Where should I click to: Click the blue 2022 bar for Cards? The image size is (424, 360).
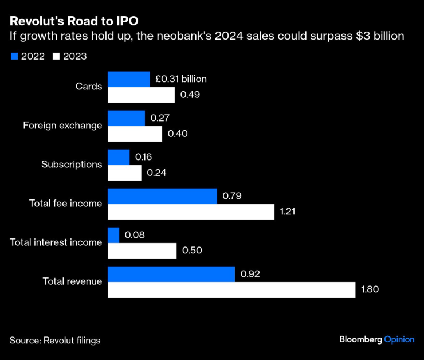pyautogui.click(x=129, y=79)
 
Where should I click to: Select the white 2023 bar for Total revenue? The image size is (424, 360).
pyautogui.click(x=231, y=290)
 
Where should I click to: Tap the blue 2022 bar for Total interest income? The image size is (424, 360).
pyautogui.click(x=113, y=235)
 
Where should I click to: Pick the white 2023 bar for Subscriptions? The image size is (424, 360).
pyautogui.click(x=124, y=173)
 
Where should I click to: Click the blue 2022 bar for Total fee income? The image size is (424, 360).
pyautogui.click(x=162, y=196)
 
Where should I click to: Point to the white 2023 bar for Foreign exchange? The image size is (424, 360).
pyautogui.click(x=135, y=134)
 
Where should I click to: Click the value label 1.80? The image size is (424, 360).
pyautogui.click(x=370, y=290)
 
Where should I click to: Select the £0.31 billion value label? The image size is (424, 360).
pyautogui.click(x=180, y=79)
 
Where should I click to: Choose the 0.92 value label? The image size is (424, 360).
pyautogui.click(x=250, y=274)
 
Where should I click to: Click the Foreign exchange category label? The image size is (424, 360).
pyautogui.click(x=62, y=126)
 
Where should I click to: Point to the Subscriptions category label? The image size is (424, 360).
pyautogui.click(x=72, y=165)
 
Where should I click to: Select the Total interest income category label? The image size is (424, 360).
pyautogui.click(x=56, y=242)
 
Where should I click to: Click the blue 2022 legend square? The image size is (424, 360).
pyautogui.click(x=14, y=56)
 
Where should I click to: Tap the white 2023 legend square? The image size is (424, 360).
pyautogui.click(x=56, y=56)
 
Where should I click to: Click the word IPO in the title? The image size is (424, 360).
pyautogui.click(x=127, y=21)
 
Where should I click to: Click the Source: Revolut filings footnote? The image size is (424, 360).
pyautogui.click(x=55, y=341)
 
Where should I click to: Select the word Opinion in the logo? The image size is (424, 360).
pyautogui.click(x=399, y=339)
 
